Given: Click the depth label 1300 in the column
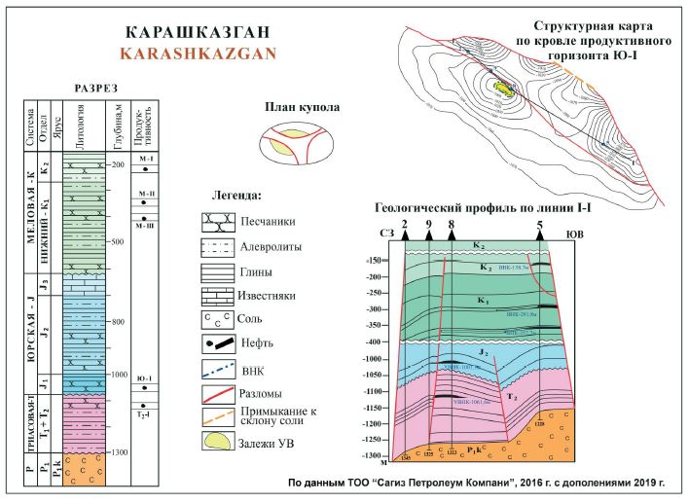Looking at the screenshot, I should coord(120,452).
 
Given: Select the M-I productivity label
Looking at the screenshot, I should coord(148,157).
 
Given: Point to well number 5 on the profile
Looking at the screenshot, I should coord(540,227).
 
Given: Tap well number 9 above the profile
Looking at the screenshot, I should coord(428,226).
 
